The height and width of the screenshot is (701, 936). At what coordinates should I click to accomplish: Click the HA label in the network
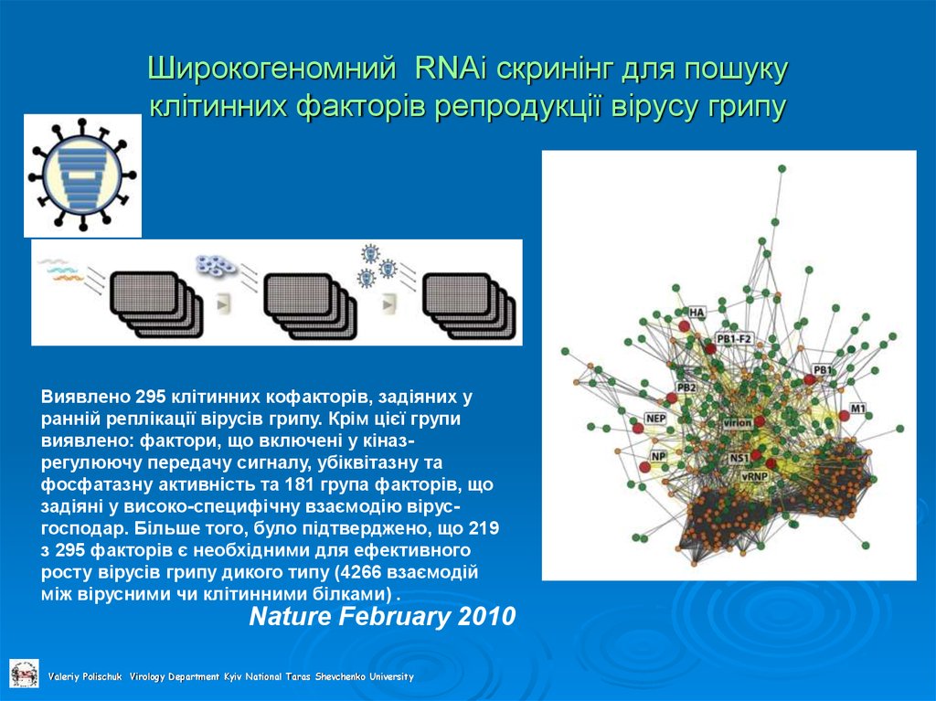point(697,313)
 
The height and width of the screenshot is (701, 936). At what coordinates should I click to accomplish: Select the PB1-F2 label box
point(733,339)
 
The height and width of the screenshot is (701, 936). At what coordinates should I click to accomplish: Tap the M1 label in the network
point(857,407)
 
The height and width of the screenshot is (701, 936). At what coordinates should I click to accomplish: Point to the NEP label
point(655,419)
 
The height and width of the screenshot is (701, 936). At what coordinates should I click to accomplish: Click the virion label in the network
point(737,423)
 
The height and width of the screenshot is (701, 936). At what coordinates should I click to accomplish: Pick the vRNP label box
point(754,476)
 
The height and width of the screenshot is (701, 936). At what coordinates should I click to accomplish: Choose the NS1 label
point(739,458)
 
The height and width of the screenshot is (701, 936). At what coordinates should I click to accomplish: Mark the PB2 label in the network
point(686,388)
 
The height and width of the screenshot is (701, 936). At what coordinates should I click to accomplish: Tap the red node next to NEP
point(638,427)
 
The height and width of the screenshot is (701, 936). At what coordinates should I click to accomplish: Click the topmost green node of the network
point(782,168)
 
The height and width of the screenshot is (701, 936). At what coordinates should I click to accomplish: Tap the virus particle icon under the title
point(81,175)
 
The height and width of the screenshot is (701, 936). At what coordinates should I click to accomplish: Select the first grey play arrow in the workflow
point(224,301)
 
